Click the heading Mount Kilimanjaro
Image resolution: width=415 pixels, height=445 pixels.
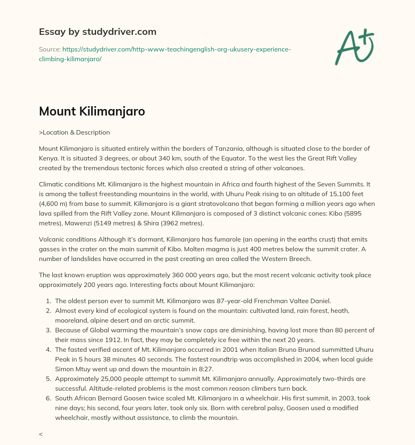coord(92,111)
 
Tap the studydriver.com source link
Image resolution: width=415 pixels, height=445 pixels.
coord(165,53)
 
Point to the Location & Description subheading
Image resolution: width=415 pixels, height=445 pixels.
coord(75,132)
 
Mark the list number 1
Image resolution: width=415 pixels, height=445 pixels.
coord(48,301)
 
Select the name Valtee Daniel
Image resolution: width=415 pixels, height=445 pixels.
coord(311,301)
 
